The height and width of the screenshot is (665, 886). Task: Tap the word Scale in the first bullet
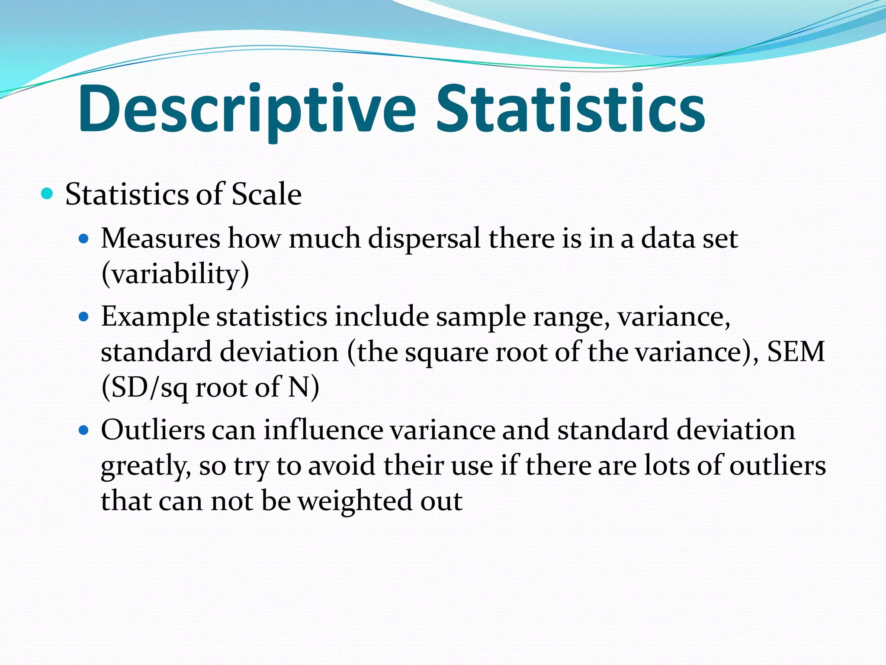coord(266,194)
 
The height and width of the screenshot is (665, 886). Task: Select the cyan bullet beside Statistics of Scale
coord(47,193)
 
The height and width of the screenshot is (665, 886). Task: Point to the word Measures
coord(161,239)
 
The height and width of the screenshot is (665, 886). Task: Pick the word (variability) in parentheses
coord(175,274)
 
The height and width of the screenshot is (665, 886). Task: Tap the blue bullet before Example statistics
coord(83,316)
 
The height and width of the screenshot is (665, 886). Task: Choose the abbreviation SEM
coord(796,352)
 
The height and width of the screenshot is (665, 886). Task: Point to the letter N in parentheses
coord(299,387)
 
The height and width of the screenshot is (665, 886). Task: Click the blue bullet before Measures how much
coord(83,238)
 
